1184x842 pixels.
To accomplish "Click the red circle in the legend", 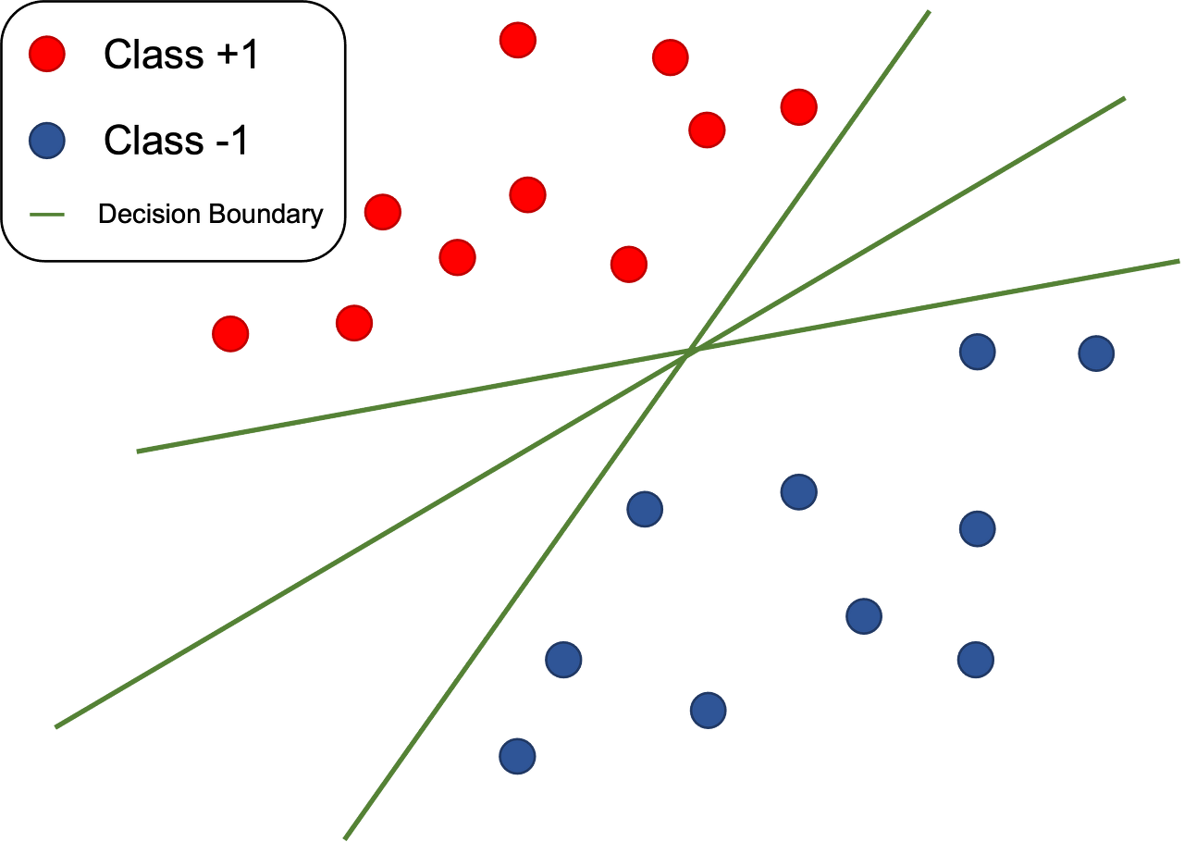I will click(x=46, y=54).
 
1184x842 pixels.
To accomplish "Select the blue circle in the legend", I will click(x=46, y=141).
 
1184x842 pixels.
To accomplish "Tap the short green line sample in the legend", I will click(x=46, y=215).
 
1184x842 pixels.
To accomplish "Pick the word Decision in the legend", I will click(x=149, y=215).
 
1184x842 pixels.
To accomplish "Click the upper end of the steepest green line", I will click(x=928, y=12).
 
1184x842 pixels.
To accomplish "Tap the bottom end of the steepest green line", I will click(x=346, y=836).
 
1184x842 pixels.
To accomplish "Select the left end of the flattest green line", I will click(x=138, y=452).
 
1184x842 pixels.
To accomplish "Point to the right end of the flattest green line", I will click(x=1178, y=262).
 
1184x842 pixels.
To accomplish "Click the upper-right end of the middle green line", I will click(x=1124, y=98).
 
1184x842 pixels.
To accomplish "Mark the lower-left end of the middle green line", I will click(x=55, y=726).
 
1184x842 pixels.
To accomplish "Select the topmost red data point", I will click(x=517, y=40).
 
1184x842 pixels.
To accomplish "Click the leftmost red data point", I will click(x=230, y=333).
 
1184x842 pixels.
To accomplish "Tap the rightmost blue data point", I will click(x=1096, y=353).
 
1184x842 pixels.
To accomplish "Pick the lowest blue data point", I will click(x=517, y=756).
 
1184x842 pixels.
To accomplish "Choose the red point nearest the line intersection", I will click(x=628, y=264).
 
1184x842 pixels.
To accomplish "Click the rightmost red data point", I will click(x=798, y=107).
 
